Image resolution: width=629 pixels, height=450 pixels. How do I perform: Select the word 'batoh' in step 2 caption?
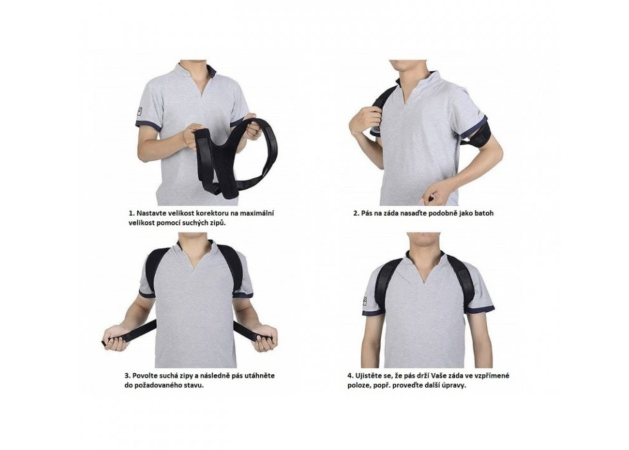[x=484, y=213]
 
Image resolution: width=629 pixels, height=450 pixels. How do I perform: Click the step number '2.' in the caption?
[x=356, y=213]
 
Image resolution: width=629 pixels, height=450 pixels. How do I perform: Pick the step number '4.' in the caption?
[x=351, y=376]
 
